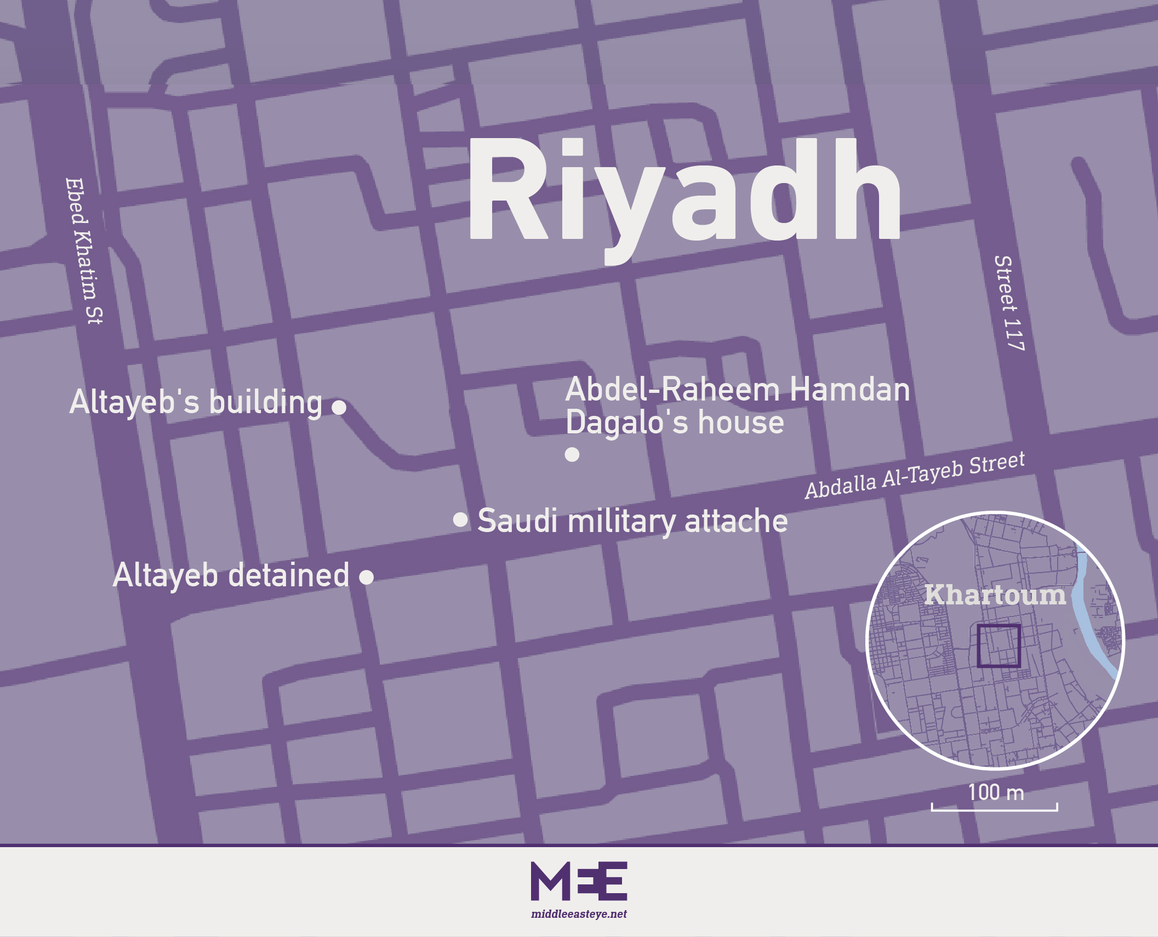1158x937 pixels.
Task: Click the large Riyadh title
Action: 684,192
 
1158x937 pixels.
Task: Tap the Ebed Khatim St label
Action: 84,250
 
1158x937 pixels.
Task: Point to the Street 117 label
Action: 1008,302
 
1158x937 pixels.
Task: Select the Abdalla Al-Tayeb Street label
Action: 914,476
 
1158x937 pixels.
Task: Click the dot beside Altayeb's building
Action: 339,407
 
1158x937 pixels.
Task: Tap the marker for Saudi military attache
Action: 460,519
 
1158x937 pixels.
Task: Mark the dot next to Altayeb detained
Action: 366,577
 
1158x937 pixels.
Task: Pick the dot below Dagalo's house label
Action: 572,454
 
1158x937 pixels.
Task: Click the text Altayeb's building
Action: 196,402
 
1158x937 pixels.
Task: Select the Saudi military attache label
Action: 632,521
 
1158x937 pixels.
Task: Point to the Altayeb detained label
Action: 231,575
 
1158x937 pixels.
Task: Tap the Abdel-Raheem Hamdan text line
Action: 737,390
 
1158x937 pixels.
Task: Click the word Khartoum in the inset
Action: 995,595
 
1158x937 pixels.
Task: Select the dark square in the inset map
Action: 999,645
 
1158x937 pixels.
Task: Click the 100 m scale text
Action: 995,792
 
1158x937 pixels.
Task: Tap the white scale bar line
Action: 994,809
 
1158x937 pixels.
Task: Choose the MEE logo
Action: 579,881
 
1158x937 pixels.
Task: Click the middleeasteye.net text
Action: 579,914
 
